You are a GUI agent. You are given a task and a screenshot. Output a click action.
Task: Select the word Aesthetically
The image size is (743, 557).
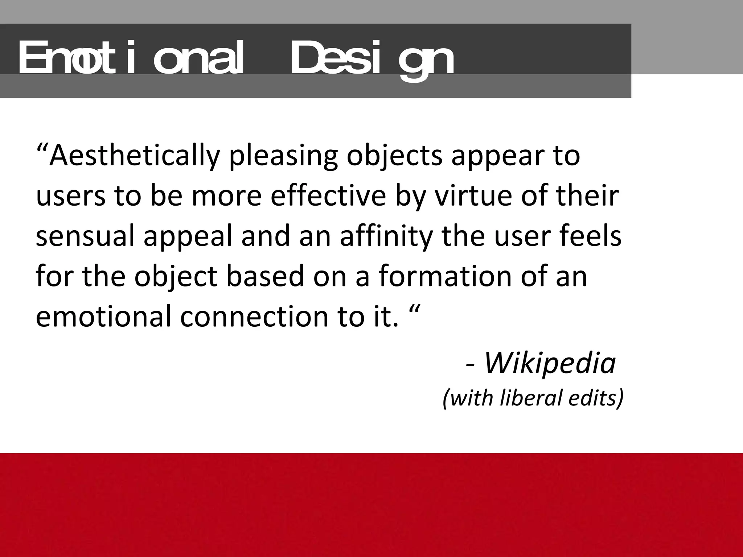click(x=135, y=156)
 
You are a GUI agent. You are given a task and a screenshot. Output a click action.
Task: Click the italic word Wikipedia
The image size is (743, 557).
click(x=550, y=363)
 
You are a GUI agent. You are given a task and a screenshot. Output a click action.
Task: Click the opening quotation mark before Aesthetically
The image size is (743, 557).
click(x=42, y=149)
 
